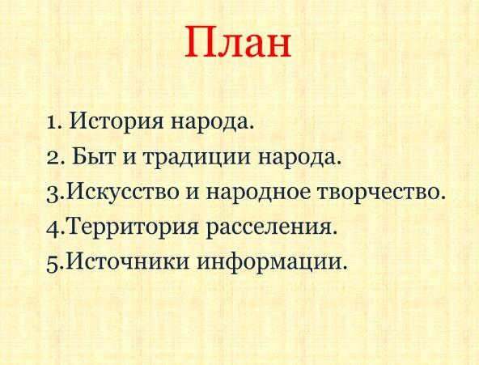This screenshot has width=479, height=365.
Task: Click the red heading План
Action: click(238, 42)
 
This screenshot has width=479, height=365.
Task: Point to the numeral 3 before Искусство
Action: click(53, 194)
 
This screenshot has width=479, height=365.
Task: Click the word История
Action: click(117, 121)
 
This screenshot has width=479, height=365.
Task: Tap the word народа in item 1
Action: click(212, 122)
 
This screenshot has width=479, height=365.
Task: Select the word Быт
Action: click(94, 157)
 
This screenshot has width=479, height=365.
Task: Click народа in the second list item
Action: click(299, 158)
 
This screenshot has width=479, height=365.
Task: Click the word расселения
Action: click(272, 228)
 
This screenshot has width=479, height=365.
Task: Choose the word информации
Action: click(273, 264)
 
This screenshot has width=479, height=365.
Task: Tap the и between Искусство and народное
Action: click(193, 193)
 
